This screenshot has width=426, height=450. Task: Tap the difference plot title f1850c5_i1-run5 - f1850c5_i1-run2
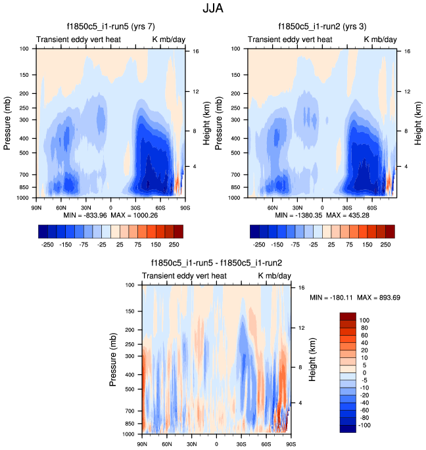pyautogui.click(x=215, y=263)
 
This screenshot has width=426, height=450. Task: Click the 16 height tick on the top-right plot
pyautogui.click(x=408, y=51)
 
